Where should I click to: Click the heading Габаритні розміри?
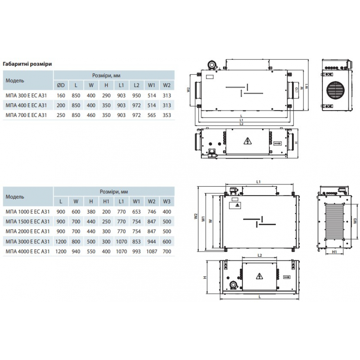[x=27, y=64]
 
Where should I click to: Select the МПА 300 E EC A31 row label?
[x=26, y=95]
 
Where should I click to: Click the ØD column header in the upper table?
[x=61, y=85]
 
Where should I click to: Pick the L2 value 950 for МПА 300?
[x=136, y=95]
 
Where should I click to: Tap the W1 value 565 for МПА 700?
[x=152, y=115]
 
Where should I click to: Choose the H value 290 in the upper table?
[x=106, y=95]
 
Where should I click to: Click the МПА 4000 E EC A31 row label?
[x=28, y=251]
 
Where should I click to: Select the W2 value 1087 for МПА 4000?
[x=152, y=251]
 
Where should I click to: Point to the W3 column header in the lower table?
[x=167, y=202]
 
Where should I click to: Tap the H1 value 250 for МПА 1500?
[x=106, y=221]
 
